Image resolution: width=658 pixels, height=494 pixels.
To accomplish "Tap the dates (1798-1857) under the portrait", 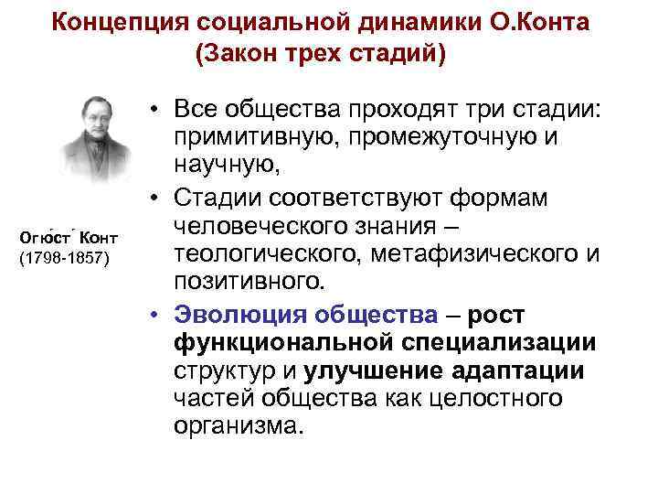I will click(65, 258).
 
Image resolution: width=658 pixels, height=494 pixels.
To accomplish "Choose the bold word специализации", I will click(509, 342).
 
